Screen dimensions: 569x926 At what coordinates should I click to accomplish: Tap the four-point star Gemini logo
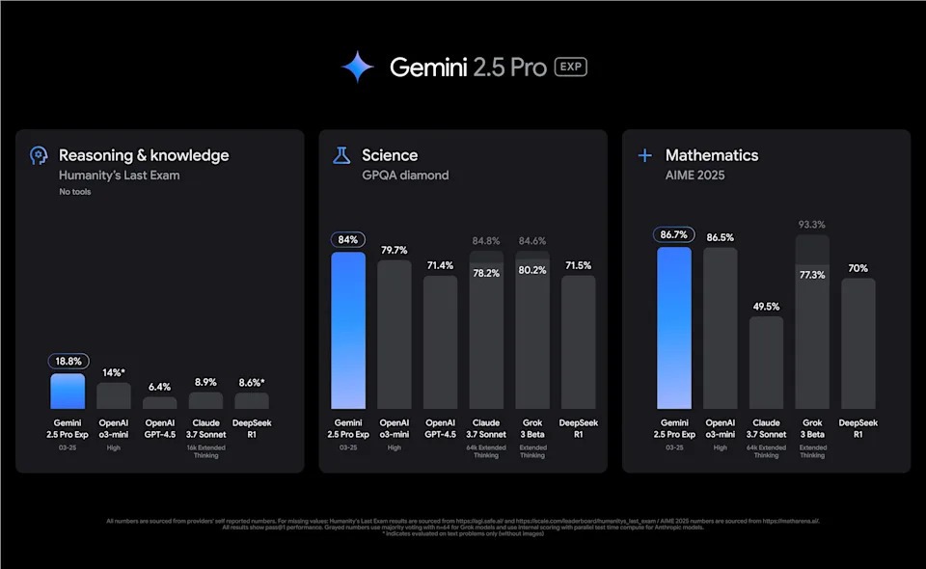[357, 67]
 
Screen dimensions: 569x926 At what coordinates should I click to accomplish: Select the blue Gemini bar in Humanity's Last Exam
[68, 391]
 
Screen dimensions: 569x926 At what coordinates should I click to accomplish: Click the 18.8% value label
[68, 361]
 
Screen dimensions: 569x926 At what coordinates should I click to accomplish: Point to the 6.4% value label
[160, 386]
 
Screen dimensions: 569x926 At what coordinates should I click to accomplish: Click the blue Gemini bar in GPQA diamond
[348, 330]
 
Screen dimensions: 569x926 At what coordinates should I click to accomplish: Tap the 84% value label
[348, 240]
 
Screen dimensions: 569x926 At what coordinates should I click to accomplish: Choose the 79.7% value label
[395, 249]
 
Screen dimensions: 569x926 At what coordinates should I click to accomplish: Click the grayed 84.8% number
[487, 240]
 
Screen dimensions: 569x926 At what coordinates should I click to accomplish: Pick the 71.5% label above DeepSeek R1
[579, 264]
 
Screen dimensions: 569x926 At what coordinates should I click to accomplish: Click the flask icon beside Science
[341, 155]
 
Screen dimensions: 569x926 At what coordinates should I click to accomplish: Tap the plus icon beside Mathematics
[645, 155]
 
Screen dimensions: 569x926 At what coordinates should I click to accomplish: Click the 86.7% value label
[674, 234]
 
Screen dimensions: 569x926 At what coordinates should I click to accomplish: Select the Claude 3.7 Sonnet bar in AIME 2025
[766, 363]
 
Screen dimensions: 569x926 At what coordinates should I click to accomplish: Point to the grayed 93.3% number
[812, 224]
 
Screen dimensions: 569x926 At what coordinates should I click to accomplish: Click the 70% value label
[858, 267]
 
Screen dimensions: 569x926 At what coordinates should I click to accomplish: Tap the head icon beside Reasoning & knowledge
[39, 155]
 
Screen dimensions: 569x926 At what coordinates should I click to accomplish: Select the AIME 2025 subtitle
[694, 175]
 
